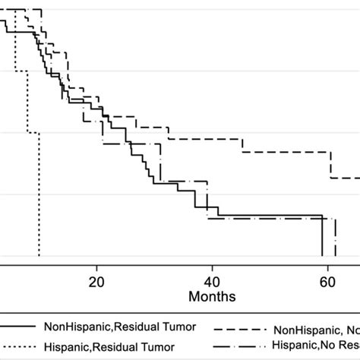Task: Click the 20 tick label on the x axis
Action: (x=96, y=280)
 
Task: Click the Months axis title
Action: (x=213, y=295)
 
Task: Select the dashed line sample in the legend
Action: (x=242, y=330)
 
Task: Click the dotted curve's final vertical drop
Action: (x=39, y=197)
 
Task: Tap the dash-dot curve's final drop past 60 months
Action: (x=335, y=238)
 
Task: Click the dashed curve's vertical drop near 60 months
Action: (x=330, y=165)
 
